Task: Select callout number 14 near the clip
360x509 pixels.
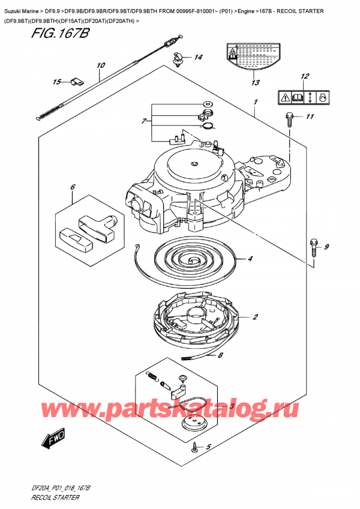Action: [x=198, y=58]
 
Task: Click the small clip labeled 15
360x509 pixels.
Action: [x=76, y=82]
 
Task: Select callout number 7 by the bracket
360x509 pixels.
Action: [x=142, y=122]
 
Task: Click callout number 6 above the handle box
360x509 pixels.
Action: [x=73, y=187]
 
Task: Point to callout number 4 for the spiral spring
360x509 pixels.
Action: [x=250, y=259]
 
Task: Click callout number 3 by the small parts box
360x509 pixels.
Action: [x=232, y=406]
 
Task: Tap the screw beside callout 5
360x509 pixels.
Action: [x=196, y=447]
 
